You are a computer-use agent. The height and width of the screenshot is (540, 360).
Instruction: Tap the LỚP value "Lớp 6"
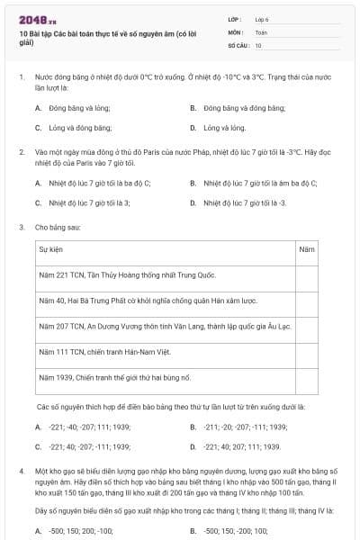pos(263,18)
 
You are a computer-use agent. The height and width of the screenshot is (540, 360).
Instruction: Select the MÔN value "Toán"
pos(261,31)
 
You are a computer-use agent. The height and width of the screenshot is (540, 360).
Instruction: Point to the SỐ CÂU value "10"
pos(258,45)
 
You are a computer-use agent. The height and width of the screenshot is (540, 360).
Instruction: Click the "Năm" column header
pos(306,247)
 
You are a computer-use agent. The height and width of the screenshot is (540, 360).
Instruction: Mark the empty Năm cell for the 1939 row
pos(307,377)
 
